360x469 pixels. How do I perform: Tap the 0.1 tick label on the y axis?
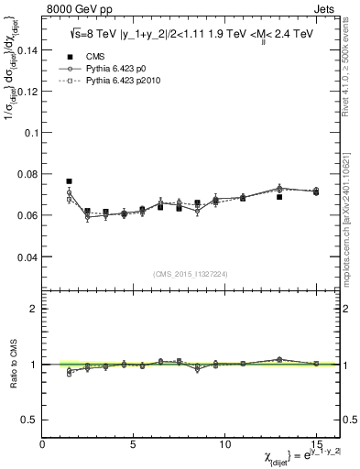tap(31, 133)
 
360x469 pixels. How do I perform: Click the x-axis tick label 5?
tap(134, 444)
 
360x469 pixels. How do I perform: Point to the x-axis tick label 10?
tap(224, 444)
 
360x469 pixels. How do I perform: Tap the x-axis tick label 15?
tap(316, 444)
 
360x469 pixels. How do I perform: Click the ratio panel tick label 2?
tap(35, 309)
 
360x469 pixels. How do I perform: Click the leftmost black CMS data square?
tap(69, 181)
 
